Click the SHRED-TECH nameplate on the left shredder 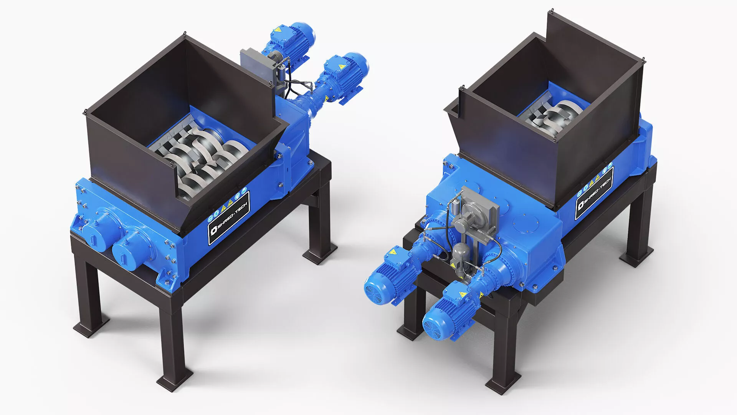click(229, 217)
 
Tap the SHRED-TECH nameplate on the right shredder click(594, 193)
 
